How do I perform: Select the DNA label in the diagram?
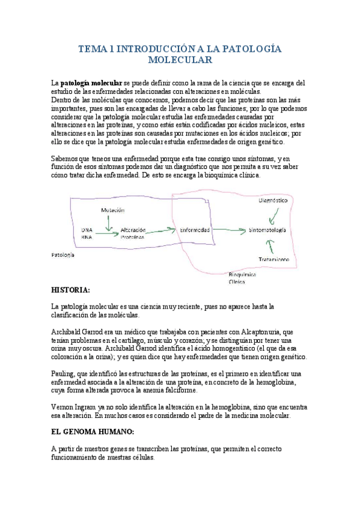(87, 230)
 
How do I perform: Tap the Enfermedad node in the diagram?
(195, 230)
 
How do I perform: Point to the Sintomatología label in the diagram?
(267, 230)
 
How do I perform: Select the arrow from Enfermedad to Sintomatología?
(228, 230)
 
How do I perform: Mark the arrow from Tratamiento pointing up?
(270, 245)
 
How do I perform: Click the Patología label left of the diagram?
(63, 255)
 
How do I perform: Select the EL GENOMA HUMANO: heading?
(91, 432)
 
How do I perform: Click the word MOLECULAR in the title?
(180, 61)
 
